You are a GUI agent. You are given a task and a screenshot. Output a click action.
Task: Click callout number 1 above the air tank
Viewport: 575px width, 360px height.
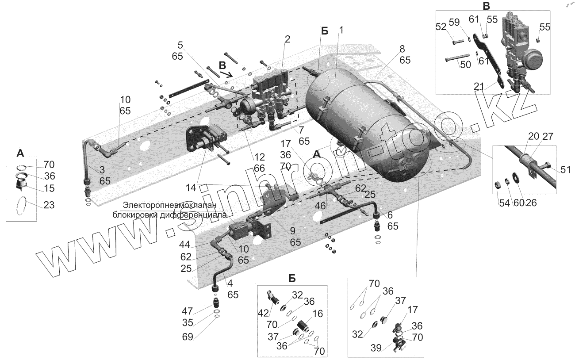click(341, 30)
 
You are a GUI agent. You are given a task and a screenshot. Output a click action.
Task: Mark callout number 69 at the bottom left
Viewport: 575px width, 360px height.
click(188, 337)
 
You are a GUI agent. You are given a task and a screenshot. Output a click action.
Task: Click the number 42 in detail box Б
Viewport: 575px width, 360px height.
click(263, 313)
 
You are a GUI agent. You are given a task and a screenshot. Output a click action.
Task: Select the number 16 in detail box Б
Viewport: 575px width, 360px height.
click(317, 314)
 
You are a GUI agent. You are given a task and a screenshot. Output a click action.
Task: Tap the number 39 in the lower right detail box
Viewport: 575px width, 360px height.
click(376, 349)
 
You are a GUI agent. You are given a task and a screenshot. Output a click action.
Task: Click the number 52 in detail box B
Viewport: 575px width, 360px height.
click(441, 27)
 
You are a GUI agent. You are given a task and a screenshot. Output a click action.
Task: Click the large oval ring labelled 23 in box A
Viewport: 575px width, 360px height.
click(22, 207)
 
